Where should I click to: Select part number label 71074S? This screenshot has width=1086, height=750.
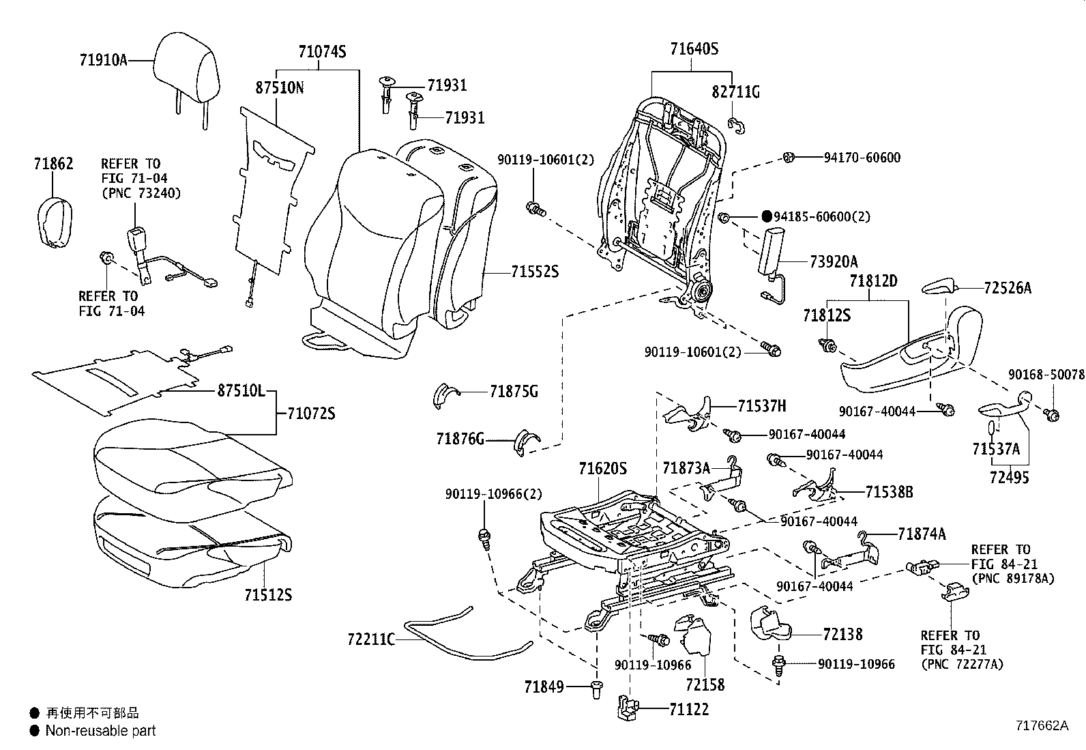tap(322, 52)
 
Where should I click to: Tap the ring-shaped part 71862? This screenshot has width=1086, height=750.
tap(53, 219)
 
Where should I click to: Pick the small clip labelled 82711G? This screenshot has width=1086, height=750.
tap(735, 124)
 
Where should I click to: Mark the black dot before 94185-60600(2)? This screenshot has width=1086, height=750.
tap(765, 216)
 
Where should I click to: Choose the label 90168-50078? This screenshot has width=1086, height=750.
tap(1046, 375)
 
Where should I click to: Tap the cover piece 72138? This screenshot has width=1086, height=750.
tap(769, 621)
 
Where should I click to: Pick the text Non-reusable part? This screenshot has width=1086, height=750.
tap(100, 731)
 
